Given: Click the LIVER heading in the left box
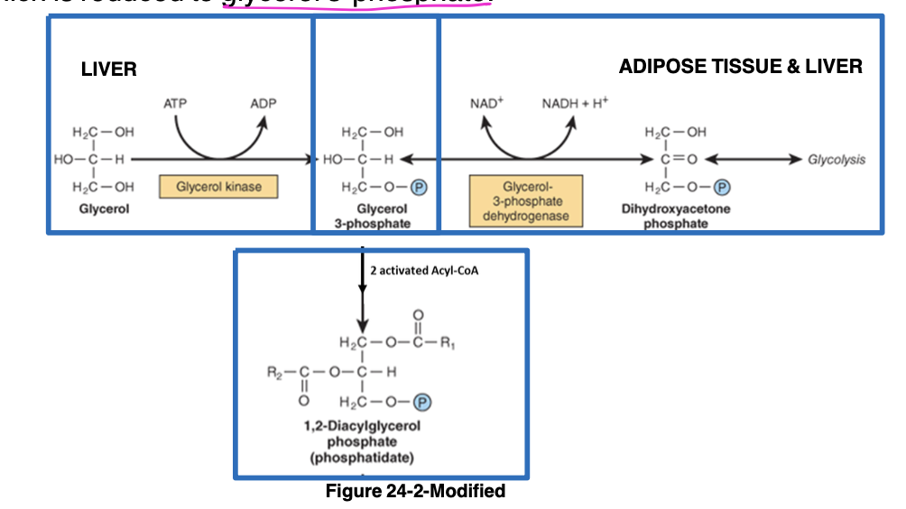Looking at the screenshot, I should pos(109,69).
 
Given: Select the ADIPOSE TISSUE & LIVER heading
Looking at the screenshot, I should pos(740,66).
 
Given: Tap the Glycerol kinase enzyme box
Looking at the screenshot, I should pos(217,187).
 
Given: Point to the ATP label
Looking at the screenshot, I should pos(175,104).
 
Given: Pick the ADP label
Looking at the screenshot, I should pos(263,104).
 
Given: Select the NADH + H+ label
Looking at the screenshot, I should pos(575,104).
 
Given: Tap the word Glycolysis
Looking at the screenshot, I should pos(836,160).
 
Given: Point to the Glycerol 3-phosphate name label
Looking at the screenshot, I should pos(375,216).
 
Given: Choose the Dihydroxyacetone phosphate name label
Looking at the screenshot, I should pos(676,216).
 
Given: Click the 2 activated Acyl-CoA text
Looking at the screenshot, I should pos(418,270).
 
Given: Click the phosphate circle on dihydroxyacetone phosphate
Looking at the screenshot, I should pos(722,188).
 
